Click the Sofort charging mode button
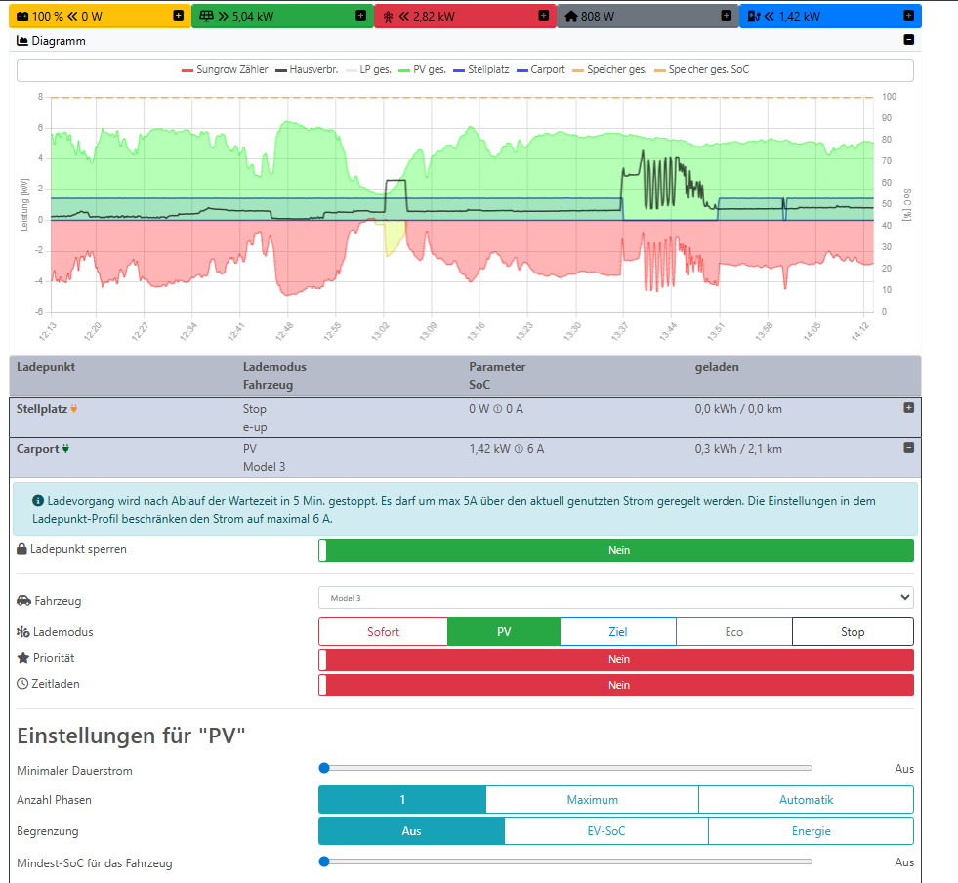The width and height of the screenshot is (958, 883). [383, 632]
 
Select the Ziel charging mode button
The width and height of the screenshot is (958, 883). [617, 632]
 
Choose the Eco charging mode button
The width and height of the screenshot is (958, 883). [733, 632]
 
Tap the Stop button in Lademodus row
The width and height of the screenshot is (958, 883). [853, 632]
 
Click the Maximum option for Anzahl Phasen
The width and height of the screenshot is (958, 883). [592, 800]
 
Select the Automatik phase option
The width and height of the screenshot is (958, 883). [806, 800]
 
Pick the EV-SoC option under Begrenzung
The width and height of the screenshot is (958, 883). [605, 831]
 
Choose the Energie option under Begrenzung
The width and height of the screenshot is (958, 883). [811, 831]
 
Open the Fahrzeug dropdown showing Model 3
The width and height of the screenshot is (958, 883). [615, 597]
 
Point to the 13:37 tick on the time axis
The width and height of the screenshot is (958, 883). [619, 332]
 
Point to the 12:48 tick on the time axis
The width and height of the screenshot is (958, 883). [283, 332]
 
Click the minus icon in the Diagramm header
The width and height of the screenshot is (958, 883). [908, 41]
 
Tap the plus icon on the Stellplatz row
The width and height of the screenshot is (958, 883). [908, 408]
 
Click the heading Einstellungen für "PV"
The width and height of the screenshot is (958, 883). [130, 736]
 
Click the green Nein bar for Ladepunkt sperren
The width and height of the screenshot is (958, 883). [618, 550]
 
